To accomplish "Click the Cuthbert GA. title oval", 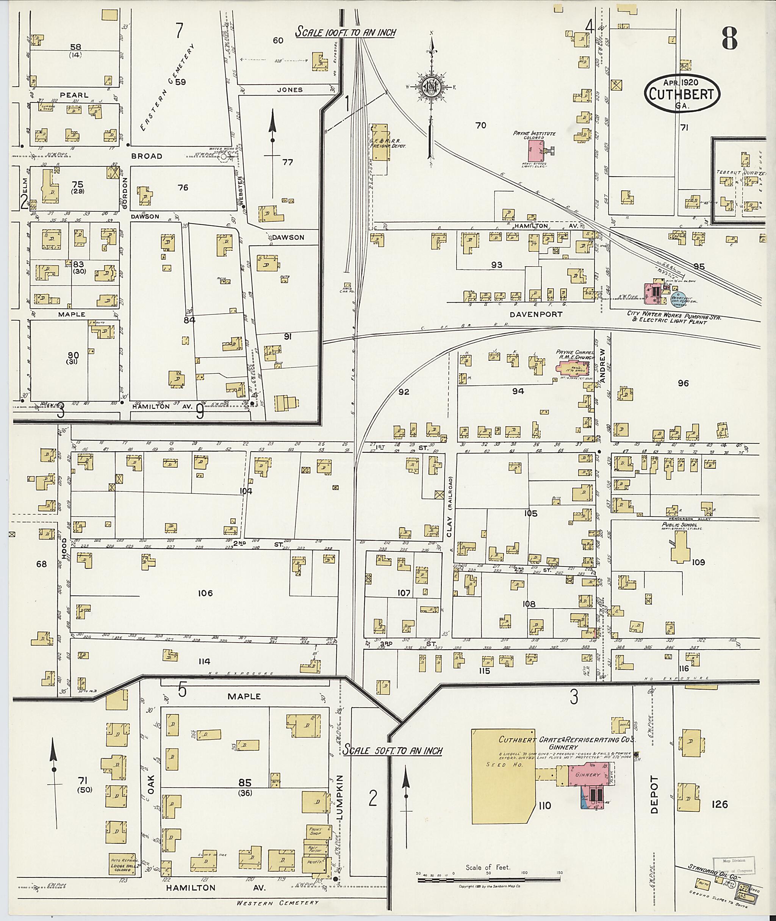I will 682,94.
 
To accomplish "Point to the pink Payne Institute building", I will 535,151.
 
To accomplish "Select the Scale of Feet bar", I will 488,880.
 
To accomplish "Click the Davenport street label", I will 536,314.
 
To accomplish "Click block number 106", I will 205,593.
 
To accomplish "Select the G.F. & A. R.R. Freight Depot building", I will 380,142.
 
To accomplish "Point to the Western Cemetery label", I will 277,902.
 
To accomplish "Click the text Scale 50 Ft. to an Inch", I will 393,750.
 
